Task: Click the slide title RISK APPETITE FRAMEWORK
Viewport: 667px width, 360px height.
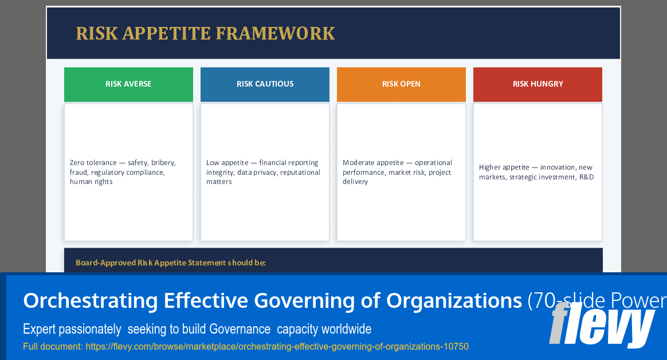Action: tap(205, 34)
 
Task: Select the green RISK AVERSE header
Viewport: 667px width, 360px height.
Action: tap(128, 84)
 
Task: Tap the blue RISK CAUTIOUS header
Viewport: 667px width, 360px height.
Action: tap(265, 84)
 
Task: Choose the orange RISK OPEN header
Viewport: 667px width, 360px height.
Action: tap(401, 84)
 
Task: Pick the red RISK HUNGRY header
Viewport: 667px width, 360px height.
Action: tap(537, 84)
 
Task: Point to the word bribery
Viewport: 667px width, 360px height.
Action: tap(163, 163)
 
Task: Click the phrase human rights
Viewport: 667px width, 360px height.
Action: tap(91, 182)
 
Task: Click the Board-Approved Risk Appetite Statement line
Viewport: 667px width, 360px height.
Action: tap(171, 263)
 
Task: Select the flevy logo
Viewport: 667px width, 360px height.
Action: tap(602, 325)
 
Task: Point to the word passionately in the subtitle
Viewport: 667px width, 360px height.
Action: tap(92, 329)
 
